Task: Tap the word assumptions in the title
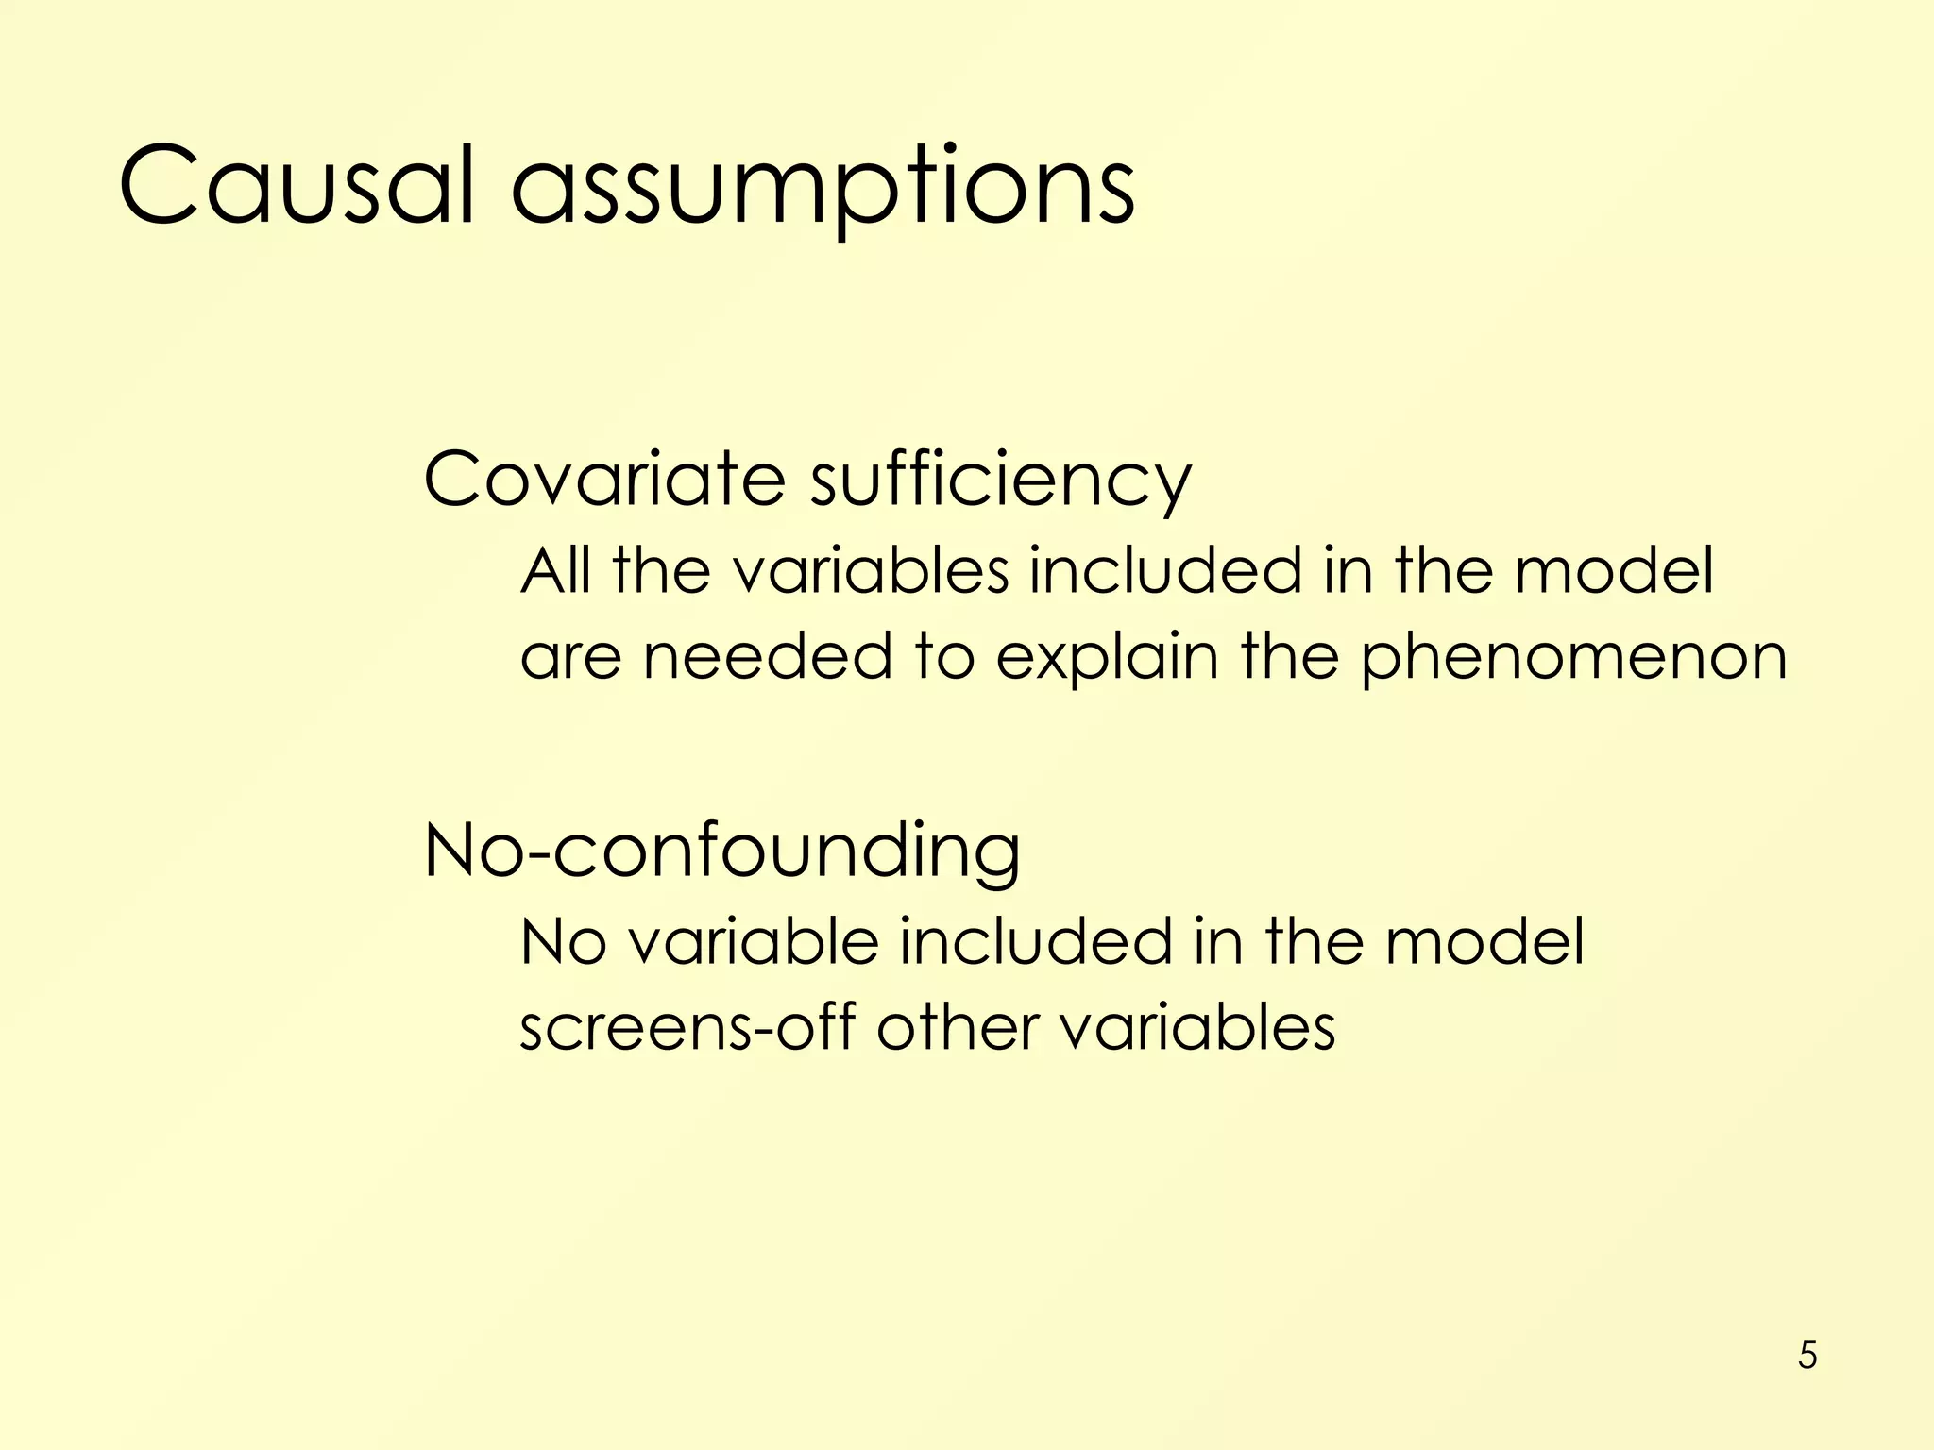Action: tap(823, 189)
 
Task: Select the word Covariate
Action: tap(604, 479)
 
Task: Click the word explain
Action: tap(1107, 658)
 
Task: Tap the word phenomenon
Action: tap(1573, 659)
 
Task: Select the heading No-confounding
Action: tap(722, 851)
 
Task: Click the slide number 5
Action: tap(1807, 1356)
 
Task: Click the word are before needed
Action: tap(570, 658)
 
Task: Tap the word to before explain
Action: tap(944, 657)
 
